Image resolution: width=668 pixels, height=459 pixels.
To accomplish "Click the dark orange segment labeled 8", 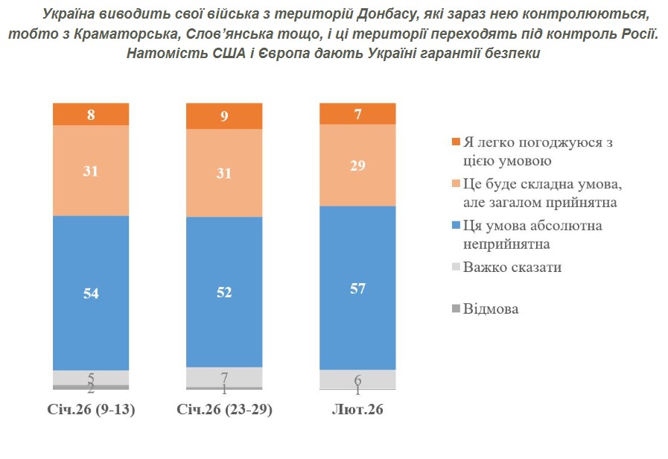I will (x=91, y=114).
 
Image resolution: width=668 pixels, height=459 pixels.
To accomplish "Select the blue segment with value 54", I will (x=91, y=293).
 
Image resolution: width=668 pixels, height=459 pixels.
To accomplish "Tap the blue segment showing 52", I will (x=224, y=292).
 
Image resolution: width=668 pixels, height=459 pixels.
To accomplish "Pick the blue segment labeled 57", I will (x=357, y=288).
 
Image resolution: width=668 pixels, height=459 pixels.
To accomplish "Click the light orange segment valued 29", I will (x=357, y=165).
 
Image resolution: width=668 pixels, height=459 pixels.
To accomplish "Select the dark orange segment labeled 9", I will (x=224, y=116).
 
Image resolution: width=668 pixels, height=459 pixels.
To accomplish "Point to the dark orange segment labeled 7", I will (x=357, y=113).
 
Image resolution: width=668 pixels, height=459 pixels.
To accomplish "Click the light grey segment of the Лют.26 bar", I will (x=357, y=379).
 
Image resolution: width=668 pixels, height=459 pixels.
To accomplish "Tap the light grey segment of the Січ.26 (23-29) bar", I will (x=224, y=376).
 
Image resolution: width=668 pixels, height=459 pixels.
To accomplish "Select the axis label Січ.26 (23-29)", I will (x=224, y=411).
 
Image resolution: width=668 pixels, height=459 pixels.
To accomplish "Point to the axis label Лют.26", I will (x=357, y=411).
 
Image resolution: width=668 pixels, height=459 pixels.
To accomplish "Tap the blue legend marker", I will (x=456, y=226).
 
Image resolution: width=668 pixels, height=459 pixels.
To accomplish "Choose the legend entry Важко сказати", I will (x=512, y=268).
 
